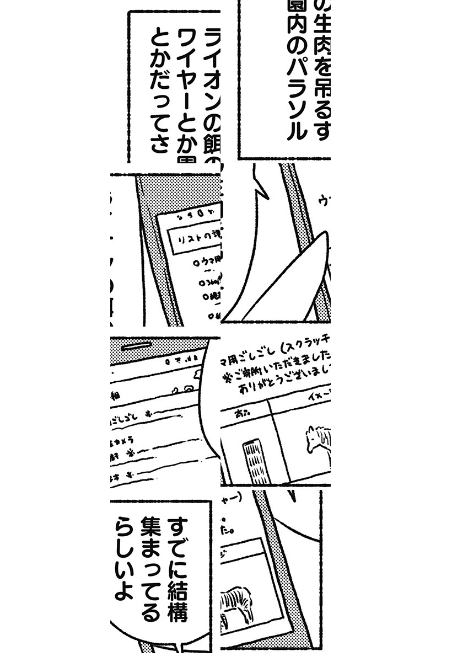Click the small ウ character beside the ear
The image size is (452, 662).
(x=324, y=202)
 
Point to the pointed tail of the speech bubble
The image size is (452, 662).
(x=259, y=185)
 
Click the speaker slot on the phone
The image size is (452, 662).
(x=136, y=347)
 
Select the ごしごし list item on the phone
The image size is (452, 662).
(x=132, y=413)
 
